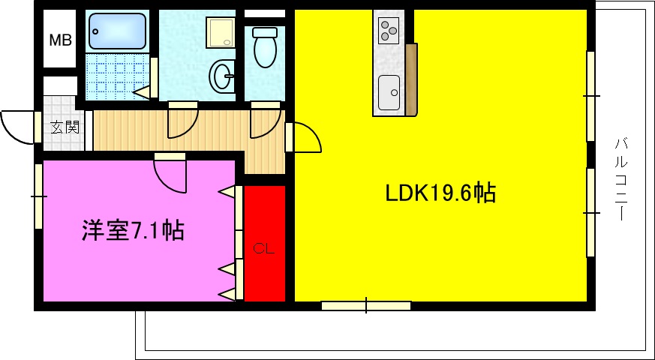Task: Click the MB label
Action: pos(61,40)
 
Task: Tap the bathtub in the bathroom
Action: pos(116,30)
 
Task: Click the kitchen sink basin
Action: pos(389,91)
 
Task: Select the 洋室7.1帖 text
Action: pos(133,230)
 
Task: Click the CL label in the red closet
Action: pos(263,249)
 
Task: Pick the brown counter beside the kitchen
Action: pos(410,79)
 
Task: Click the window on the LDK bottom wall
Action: pos(366,305)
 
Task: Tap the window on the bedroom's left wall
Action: pos(38,196)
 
